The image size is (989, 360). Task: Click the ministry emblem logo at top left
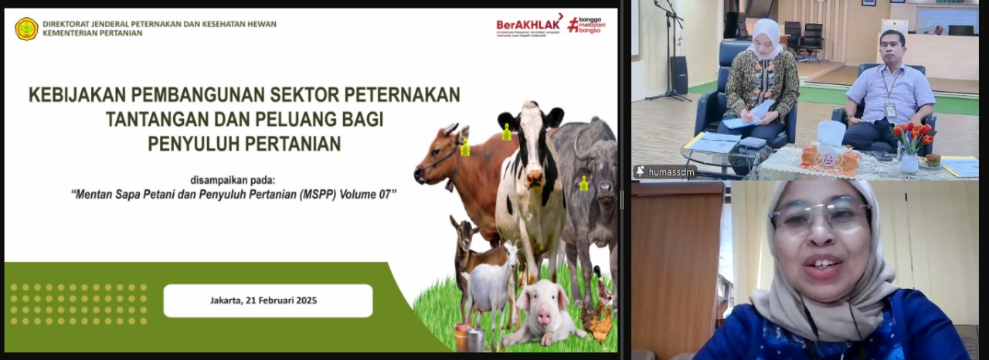pos(26,29)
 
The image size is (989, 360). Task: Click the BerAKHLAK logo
pos(528,25)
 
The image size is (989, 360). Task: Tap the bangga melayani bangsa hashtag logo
pos(586,25)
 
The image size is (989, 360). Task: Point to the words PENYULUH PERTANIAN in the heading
pos(244,144)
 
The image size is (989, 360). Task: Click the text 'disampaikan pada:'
pos(231,179)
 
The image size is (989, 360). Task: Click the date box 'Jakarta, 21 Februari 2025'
pos(267,301)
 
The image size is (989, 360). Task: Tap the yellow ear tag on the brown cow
pos(465,147)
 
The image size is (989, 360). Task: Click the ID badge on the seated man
pos(890,110)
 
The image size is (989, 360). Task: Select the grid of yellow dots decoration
pos(78,304)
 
